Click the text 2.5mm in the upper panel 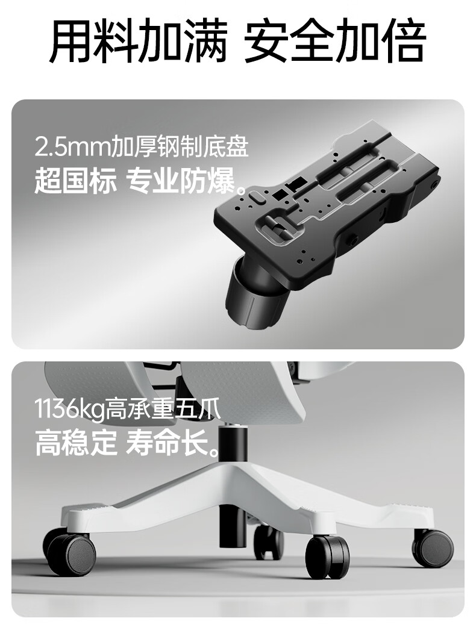click(x=72, y=147)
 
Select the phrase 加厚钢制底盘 click(x=179, y=147)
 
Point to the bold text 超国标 click(x=76, y=181)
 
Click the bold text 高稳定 click(x=76, y=443)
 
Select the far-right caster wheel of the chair click(x=433, y=548)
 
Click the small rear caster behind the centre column click(x=269, y=541)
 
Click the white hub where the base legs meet click(x=235, y=485)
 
